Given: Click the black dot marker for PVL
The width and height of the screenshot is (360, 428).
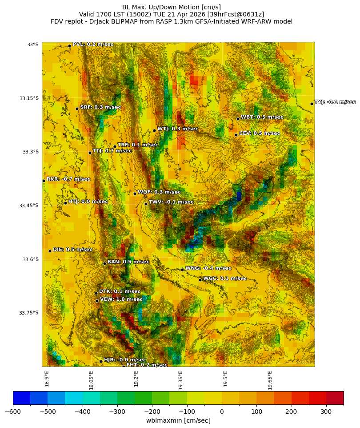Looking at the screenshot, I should tap(69, 46).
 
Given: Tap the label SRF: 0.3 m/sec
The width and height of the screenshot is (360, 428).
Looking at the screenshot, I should tap(100, 107).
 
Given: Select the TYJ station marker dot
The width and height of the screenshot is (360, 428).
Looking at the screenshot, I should tap(312, 104).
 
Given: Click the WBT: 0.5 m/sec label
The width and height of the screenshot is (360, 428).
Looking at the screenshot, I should tap(262, 117).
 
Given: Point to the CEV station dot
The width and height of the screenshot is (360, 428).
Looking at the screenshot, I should tap(236, 135).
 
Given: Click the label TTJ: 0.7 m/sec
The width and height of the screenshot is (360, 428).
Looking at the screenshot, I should tap(112, 151).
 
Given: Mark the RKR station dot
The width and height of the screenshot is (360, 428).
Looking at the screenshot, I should tap(44, 181).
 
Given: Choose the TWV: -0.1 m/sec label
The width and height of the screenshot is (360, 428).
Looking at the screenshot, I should tap(171, 202).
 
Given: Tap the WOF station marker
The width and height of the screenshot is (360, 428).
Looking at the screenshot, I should tap(135, 194).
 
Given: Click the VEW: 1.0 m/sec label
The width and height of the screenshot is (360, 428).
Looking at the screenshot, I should tap(121, 299).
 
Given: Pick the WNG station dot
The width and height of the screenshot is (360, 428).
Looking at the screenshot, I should tap(182, 270).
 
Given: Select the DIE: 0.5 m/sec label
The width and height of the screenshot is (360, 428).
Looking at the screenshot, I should tap(72, 250).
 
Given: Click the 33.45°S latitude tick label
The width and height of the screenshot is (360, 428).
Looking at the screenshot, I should tap(28, 206).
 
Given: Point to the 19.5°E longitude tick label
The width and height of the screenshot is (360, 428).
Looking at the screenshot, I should tap(225, 379).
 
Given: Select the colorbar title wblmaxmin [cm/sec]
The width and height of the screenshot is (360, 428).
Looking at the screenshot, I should tap(178, 420).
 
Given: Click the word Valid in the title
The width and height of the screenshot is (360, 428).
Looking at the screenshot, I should tap(88, 14).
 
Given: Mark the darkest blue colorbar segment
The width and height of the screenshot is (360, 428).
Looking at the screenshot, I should tap(21, 398).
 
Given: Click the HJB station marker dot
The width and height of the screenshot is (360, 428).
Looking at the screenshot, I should tap(101, 361).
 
